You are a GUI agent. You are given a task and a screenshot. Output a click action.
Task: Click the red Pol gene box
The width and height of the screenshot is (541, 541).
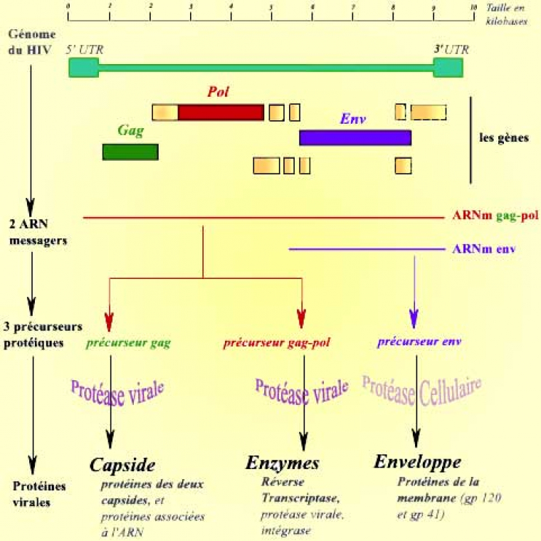[221, 112]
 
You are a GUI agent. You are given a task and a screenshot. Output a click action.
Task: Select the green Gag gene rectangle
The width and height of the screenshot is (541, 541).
[130, 152]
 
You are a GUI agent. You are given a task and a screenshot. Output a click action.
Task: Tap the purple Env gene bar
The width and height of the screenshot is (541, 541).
[355, 137]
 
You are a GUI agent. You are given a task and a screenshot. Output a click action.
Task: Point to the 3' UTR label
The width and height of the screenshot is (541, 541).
[451, 50]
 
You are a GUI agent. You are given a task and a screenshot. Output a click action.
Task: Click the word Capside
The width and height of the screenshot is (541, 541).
[122, 466]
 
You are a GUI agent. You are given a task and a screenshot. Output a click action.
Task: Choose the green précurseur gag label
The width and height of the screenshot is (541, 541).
[128, 342]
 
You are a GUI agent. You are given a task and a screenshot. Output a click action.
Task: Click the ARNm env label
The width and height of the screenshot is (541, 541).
[484, 249]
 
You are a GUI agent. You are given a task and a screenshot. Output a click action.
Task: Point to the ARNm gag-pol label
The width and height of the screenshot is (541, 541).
[495, 216]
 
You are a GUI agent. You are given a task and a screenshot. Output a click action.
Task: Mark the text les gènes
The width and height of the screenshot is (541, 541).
[504, 138]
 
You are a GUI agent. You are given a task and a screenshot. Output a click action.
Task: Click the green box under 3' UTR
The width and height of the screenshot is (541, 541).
[448, 68]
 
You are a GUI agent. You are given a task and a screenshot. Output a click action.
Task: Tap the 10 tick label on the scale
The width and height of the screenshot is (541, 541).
[473, 6]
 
